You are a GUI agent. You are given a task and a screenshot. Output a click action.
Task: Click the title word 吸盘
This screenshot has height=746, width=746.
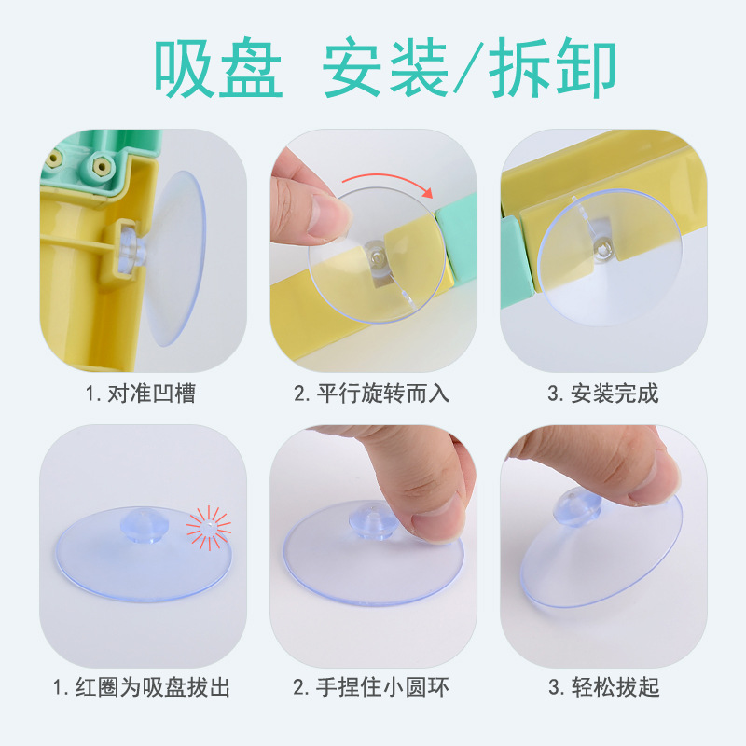click(x=218, y=67)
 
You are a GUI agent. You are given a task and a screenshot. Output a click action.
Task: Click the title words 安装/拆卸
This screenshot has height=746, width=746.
click(x=469, y=67)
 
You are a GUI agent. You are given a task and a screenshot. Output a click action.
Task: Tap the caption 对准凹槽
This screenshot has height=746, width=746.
click(x=152, y=394)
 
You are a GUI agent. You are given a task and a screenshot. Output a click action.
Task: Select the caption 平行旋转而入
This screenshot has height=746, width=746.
click(x=383, y=394)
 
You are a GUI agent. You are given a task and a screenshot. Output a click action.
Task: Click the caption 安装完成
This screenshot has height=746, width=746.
click(x=615, y=394)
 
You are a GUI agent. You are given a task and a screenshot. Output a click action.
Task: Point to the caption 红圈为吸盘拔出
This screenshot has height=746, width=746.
click(x=152, y=687)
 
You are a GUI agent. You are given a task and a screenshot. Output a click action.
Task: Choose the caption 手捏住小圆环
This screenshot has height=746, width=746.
click(x=382, y=687)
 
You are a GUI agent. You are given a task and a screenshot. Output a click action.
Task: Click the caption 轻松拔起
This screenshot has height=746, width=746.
click(x=615, y=687)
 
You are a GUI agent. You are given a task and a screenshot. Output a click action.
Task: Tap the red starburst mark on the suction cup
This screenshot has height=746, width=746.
click(x=208, y=528)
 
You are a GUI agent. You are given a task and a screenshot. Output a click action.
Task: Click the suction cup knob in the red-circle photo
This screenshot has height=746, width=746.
click(x=145, y=525)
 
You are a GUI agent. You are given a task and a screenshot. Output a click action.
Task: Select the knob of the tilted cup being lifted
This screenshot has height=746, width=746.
click(x=576, y=507)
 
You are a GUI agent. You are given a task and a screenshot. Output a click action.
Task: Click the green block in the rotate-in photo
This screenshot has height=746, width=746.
click(x=457, y=236)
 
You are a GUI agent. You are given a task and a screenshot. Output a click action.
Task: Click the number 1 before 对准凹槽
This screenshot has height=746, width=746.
click(x=90, y=394)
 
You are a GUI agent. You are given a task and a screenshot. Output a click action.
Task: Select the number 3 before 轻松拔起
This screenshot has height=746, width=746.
click(x=553, y=688)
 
